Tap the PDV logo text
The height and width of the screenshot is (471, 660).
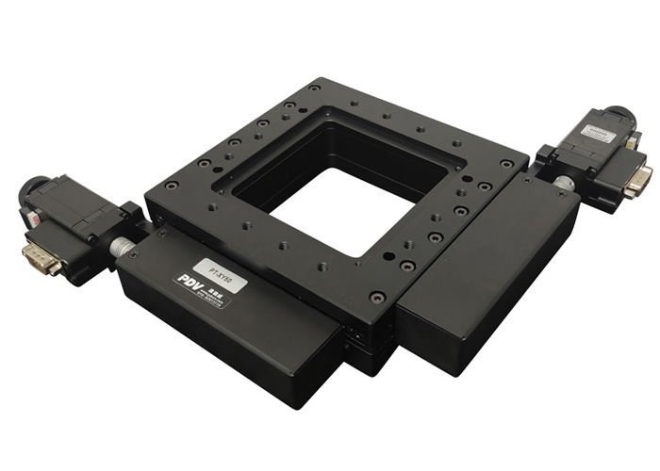click(x=189, y=281)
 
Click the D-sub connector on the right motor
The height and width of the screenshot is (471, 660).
click(x=637, y=179)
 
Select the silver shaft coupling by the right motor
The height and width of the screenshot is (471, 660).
click(x=564, y=183)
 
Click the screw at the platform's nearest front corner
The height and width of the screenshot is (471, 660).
click(x=377, y=297)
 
